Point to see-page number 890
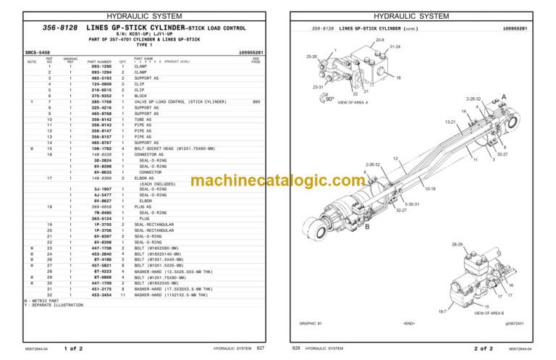(256, 101)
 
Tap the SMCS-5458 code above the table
(37, 52)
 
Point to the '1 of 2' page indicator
(74, 349)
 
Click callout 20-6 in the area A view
(379, 41)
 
